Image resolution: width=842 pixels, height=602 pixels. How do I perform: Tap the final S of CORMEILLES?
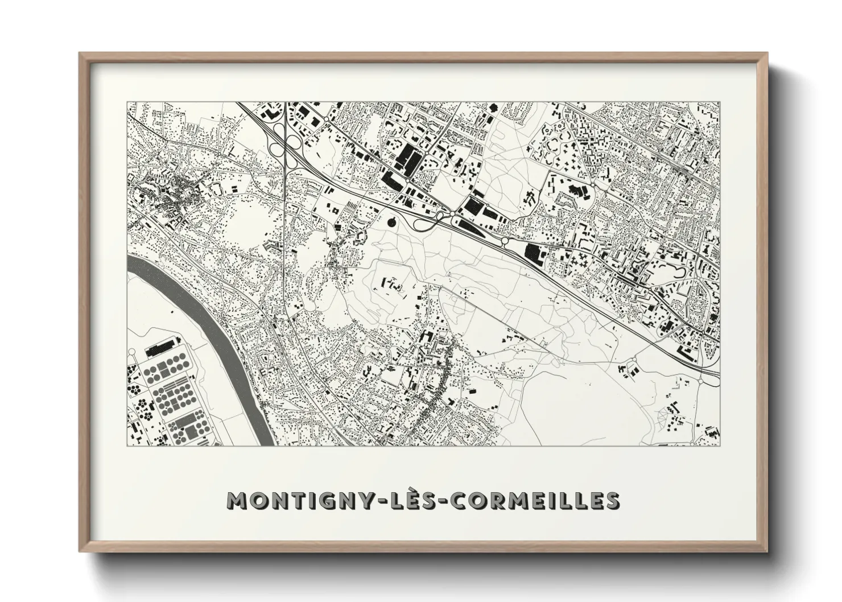(612, 500)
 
